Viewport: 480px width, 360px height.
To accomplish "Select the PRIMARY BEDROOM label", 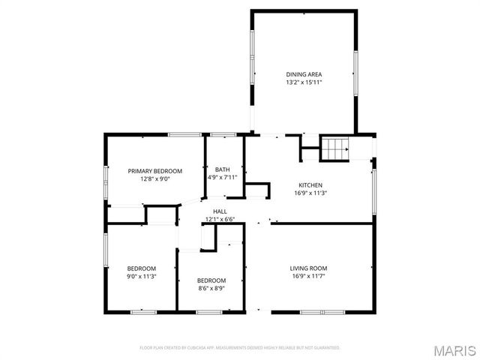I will pos(154,171).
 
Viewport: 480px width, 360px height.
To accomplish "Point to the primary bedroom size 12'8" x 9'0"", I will pos(154,178).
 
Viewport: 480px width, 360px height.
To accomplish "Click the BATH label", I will pos(222,169).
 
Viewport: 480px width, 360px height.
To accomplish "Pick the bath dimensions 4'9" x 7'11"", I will pos(222,178).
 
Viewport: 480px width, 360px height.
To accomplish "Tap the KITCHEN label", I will pos(310,185).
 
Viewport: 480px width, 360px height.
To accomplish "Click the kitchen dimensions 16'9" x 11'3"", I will pos(310,193).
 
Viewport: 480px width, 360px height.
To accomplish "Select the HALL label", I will pos(220,212).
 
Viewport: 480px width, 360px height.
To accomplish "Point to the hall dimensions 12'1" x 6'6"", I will pos(220,220).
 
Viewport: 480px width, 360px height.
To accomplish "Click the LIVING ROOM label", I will pos(308,268).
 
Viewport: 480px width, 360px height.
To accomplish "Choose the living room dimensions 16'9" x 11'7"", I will pos(308,276).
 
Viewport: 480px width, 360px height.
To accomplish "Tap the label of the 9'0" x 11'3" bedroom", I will pos(141,268).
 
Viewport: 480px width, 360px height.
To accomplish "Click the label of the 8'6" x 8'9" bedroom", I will pos(211,280).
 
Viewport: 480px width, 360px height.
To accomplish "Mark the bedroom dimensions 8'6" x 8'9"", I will pos(211,288).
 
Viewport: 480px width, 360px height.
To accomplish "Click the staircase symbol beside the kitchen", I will pos(336,149).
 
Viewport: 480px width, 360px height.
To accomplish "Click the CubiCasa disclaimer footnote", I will pos(240,348).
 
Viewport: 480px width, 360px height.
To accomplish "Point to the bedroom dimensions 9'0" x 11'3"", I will pos(141,277).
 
